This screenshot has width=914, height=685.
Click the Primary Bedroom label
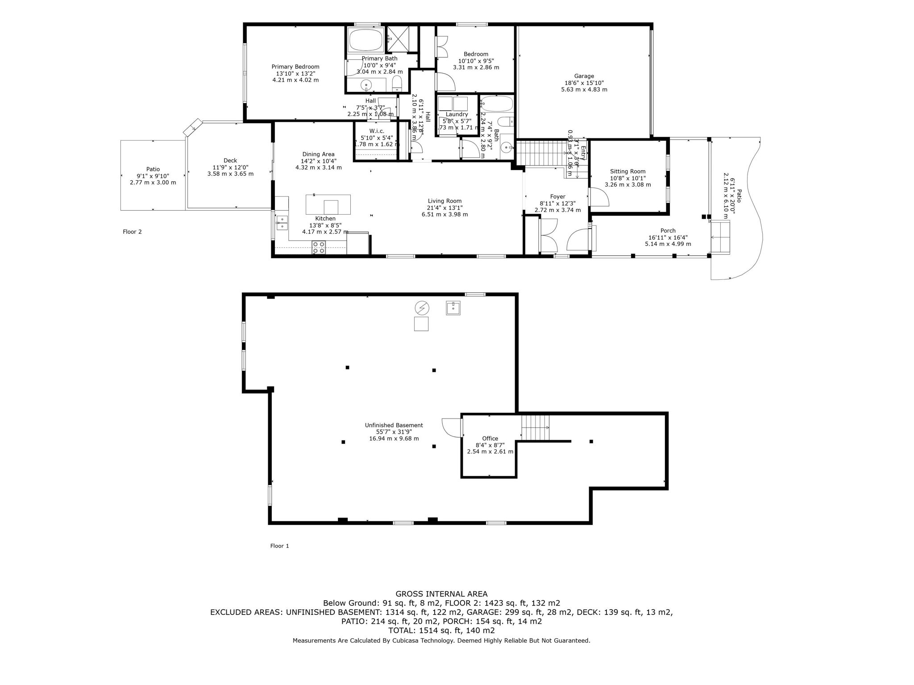295,67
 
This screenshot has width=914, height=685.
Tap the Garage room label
584,76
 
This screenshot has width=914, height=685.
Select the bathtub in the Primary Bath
366,41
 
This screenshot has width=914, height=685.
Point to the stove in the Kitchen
319,247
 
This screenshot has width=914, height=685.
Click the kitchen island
328,205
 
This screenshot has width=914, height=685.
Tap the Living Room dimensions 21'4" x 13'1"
445,208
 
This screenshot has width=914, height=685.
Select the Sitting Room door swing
599,197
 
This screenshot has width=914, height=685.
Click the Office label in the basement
490,438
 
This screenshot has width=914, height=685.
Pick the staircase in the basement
535,427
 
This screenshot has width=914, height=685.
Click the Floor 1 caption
280,546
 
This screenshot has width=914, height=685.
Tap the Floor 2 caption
133,232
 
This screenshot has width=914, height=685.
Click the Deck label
230,161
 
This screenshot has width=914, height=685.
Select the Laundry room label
457,114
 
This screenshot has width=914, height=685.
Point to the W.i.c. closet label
377,131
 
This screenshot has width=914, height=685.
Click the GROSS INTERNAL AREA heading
441,594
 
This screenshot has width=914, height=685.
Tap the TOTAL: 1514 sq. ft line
441,631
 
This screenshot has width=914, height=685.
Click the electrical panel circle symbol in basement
421,307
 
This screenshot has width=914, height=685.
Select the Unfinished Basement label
394,425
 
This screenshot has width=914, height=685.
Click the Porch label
668,231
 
